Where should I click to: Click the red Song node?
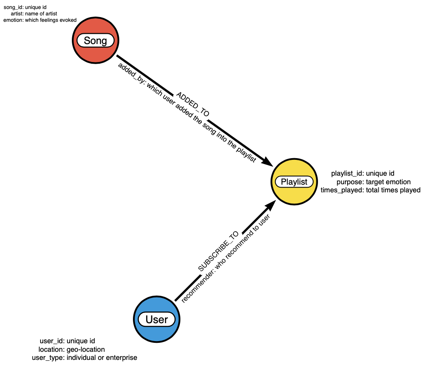[x=95, y=41]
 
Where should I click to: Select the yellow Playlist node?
[x=294, y=182]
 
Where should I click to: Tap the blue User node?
[x=157, y=319]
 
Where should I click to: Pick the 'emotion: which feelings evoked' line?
[x=40, y=20]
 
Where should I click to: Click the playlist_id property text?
[x=362, y=174]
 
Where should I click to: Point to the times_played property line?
[x=370, y=190]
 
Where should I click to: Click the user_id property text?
[x=67, y=341]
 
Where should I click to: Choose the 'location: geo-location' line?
[x=71, y=349]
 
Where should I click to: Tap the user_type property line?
[x=85, y=357]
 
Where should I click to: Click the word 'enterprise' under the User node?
[x=122, y=357]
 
